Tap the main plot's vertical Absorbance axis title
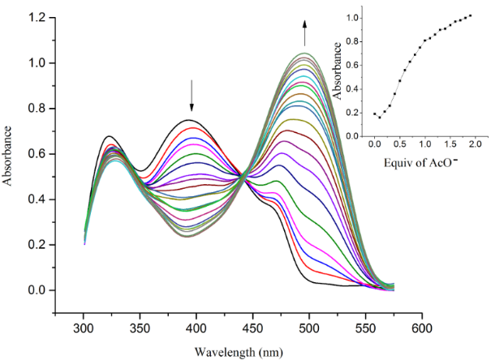coord(10,154)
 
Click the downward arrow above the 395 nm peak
coord(192,96)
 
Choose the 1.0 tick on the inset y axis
coord(366,17)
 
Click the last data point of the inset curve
coord(470,15)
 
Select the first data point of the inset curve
coord(374,114)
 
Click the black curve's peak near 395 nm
coord(190,120)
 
